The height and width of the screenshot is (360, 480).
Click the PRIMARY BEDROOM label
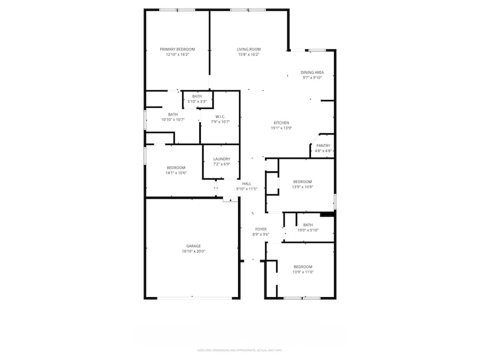click(177, 49)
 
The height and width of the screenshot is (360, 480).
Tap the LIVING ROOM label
click(248, 49)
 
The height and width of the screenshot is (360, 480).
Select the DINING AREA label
click(312, 72)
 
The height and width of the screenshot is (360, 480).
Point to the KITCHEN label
click(281, 123)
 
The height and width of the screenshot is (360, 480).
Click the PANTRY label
click(323, 146)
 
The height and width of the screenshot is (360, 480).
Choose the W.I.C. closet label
click(221, 117)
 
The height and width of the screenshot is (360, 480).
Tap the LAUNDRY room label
click(221, 159)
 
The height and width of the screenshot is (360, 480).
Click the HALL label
click(247, 184)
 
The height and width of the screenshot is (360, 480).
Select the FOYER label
click(261, 229)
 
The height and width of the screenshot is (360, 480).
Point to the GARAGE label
click(193, 246)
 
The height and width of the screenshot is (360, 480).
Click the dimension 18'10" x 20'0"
click(193, 252)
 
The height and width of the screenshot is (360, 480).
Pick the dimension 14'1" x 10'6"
click(176, 173)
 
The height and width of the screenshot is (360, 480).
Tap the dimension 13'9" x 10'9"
click(302, 187)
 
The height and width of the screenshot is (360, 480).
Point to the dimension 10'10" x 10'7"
click(173, 120)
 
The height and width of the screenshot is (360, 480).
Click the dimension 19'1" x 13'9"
click(281, 128)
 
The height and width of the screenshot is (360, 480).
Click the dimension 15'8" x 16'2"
click(248, 55)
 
